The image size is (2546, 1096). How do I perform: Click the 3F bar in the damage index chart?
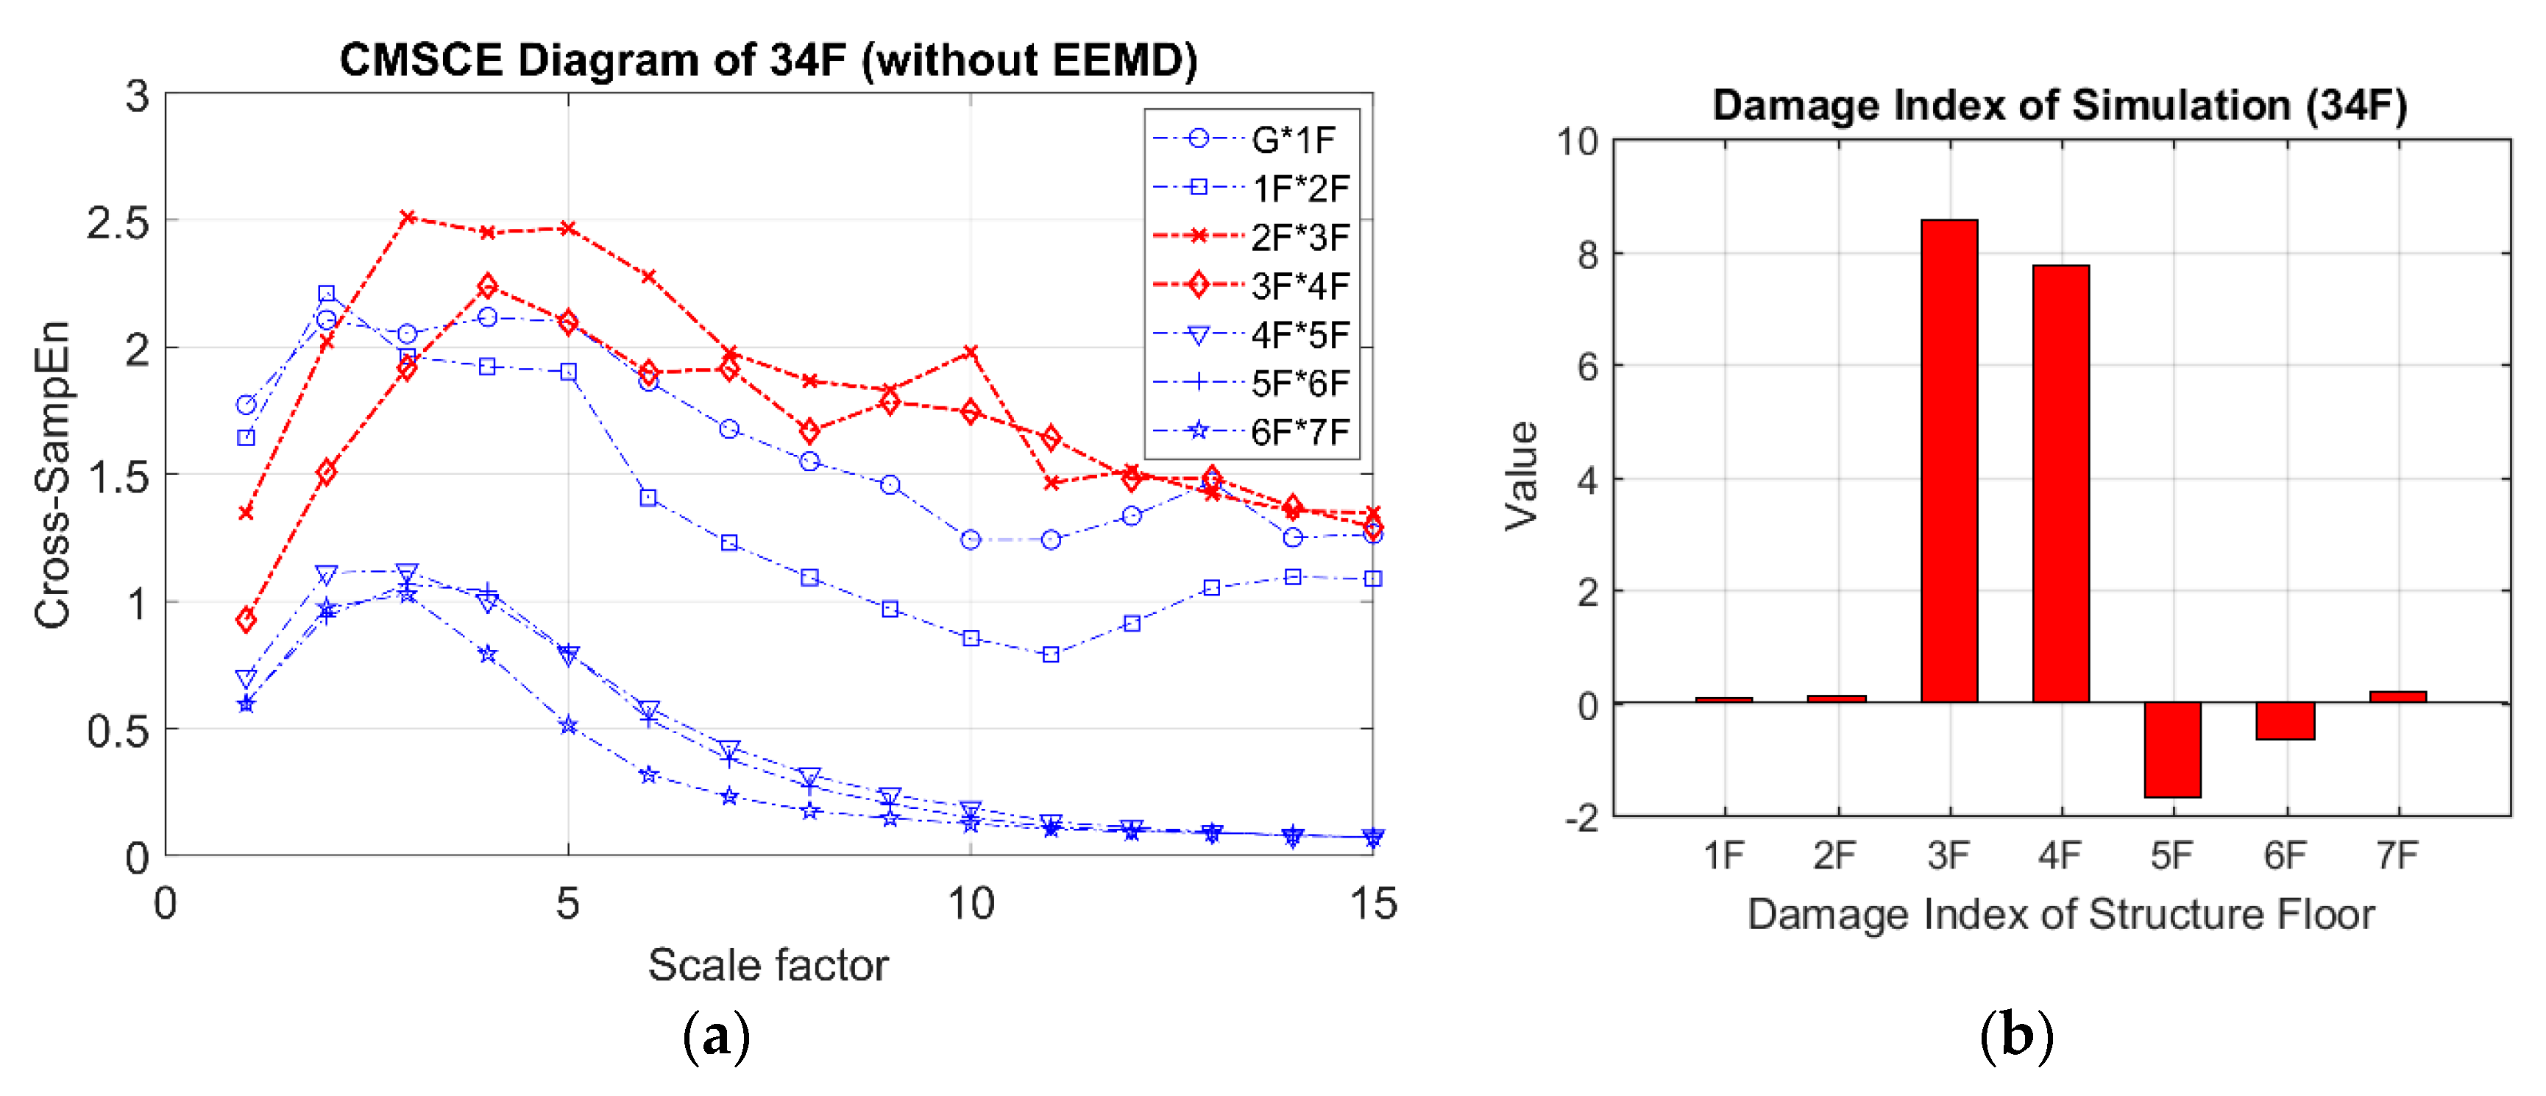(1949, 461)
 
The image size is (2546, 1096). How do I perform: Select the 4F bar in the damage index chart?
(2061, 484)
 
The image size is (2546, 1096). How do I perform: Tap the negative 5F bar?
(2172, 749)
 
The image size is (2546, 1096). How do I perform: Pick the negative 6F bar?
(2285, 721)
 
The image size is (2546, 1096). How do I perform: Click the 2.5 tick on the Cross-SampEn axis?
(118, 223)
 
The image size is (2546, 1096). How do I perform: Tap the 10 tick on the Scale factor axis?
(971, 903)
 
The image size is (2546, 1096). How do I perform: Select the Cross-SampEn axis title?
(52, 474)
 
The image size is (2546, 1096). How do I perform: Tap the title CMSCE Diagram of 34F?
(768, 60)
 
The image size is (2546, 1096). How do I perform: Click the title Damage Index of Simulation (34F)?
(2060, 105)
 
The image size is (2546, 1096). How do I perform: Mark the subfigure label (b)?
(2016, 1036)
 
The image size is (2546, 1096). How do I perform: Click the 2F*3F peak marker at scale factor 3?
(407, 216)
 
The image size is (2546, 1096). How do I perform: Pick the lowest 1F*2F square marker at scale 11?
(1051, 654)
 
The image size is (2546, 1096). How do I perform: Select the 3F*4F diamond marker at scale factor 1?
(246, 620)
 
